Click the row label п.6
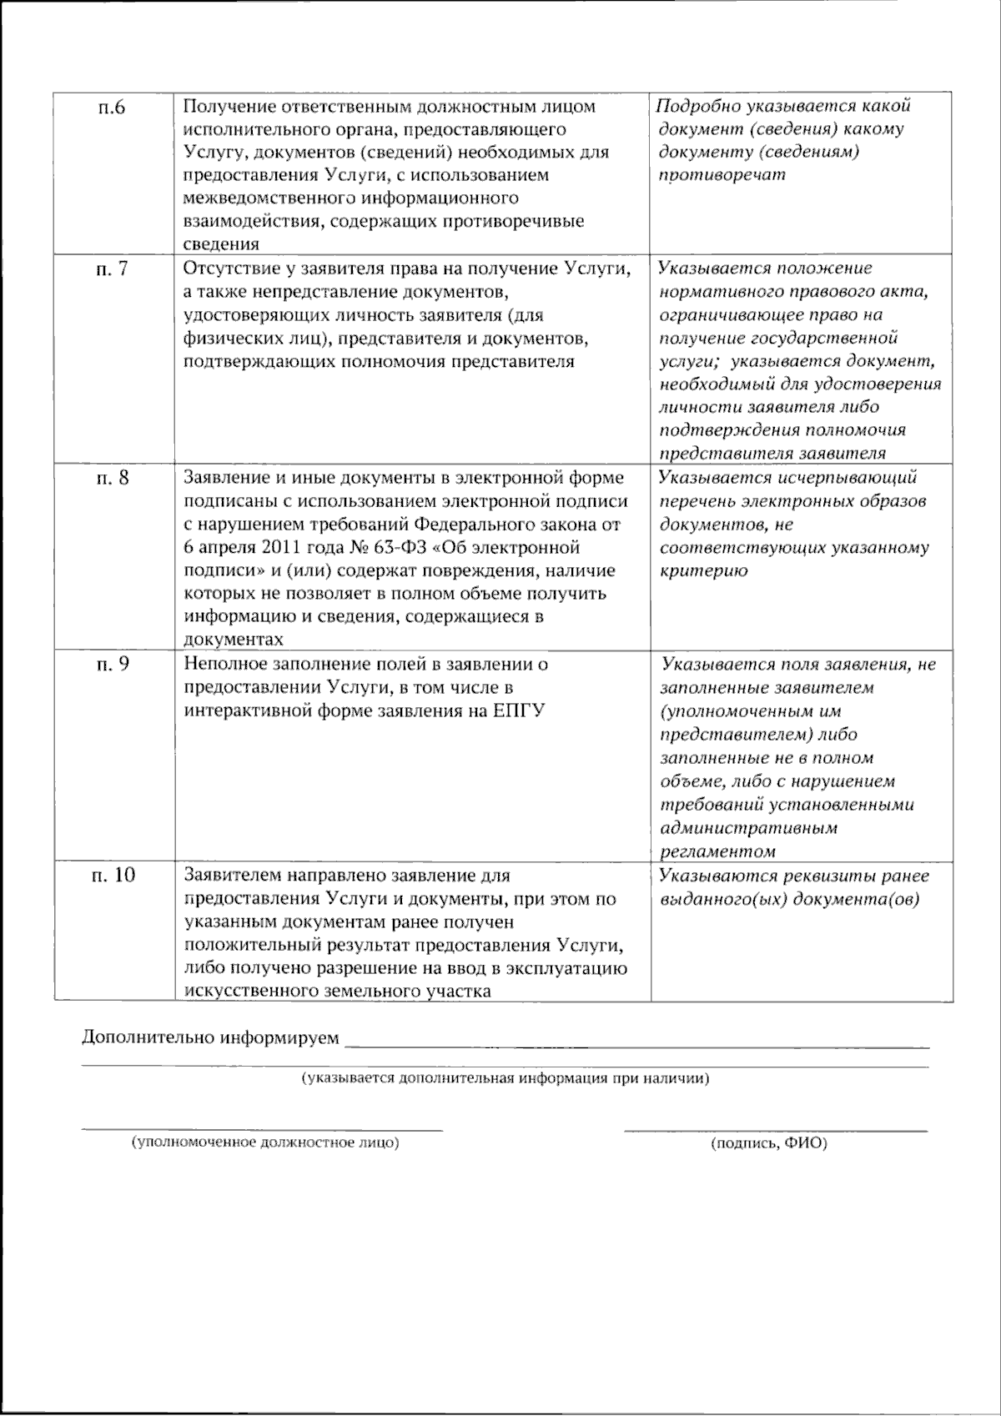coord(109,108)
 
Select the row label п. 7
coord(109,269)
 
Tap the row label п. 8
coord(109,478)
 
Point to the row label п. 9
coord(109,665)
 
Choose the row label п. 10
coord(113,876)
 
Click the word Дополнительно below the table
coord(148,1038)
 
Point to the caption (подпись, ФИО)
coord(768,1144)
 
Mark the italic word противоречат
coord(722,176)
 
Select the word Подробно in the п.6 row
coord(697,106)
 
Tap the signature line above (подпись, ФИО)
coord(775,1131)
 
